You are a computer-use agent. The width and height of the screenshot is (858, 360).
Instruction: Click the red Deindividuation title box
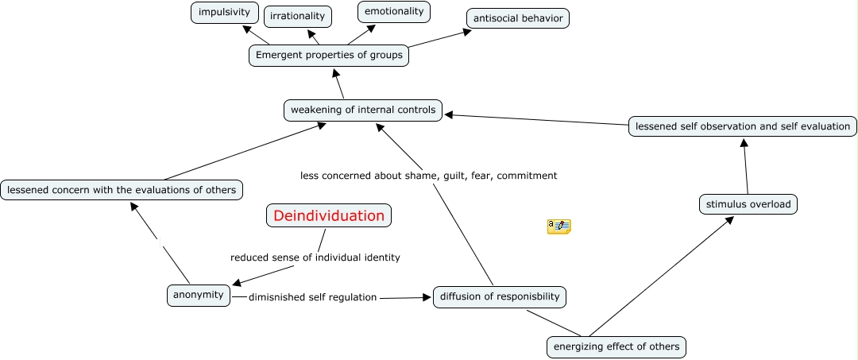tap(329, 215)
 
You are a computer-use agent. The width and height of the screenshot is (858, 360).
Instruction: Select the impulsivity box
tap(225, 13)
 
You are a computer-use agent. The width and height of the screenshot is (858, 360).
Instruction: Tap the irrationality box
tap(297, 16)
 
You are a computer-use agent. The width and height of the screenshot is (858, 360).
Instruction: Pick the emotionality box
tap(394, 12)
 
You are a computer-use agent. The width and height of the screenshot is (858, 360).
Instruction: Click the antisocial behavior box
tap(517, 17)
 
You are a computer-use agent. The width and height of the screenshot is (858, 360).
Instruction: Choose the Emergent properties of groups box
tap(329, 56)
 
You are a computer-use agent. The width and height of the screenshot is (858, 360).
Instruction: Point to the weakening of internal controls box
tap(363, 110)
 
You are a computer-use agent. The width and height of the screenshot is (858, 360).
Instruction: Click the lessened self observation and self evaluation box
tap(743, 126)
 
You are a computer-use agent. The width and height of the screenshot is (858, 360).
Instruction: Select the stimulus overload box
tap(748, 204)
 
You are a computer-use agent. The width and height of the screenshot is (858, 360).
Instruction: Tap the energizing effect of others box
tap(616, 346)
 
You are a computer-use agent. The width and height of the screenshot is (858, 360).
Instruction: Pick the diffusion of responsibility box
tap(500, 297)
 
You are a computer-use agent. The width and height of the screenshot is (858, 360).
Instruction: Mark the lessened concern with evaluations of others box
tap(122, 190)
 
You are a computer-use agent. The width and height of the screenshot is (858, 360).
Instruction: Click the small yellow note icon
tap(558, 226)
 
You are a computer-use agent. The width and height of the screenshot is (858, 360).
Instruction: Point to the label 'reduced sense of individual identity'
tap(315, 257)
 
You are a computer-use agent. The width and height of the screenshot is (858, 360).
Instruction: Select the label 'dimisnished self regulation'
tap(312, 297)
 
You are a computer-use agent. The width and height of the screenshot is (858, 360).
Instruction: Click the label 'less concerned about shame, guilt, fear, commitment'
tap(428, 176)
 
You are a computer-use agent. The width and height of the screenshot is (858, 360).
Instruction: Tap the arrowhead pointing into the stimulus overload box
tap(729, 221)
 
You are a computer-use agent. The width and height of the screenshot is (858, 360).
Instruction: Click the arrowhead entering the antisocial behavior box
tap(466, 33)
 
